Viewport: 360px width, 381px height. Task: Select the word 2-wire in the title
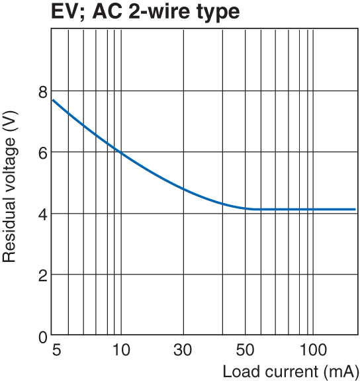pos(159,13)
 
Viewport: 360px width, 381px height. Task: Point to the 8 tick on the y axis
pos(42,91)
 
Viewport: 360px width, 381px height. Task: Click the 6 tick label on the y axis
pos(42,152)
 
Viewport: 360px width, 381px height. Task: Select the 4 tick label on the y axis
pos(42,214)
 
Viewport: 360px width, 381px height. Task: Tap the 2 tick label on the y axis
pos(42,275)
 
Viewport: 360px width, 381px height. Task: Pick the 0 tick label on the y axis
pos(42,336)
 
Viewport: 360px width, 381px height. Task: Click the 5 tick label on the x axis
pos(55,349)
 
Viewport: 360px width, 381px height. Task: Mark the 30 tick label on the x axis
pos(183,349)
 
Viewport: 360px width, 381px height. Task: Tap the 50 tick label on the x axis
pos(246,349)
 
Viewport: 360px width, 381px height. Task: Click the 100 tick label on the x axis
pos(313,349)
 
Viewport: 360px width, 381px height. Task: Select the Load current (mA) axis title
pos(290,370)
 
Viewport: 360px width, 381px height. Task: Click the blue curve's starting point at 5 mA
pos(53,100)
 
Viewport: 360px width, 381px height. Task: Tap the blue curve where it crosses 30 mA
pos(183,189)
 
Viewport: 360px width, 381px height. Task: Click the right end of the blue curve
pos(355,209)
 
